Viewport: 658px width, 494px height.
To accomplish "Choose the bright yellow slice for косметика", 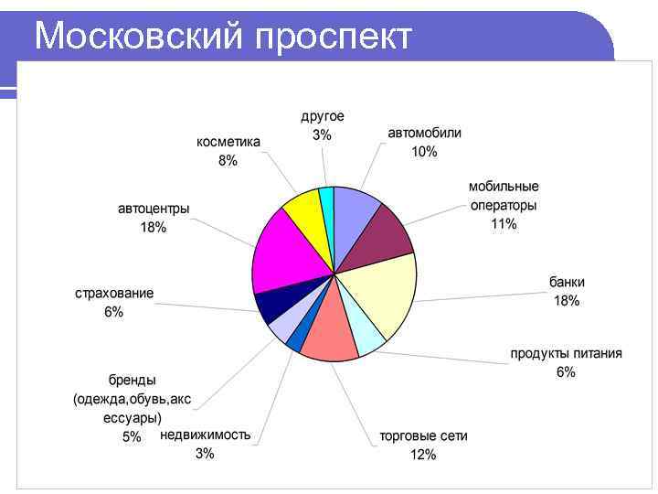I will pyautogui.click(x=302, y=209).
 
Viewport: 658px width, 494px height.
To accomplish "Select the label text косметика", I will pyautogui.click(x=228, y=142).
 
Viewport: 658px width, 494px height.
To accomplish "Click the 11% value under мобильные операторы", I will pyautogui.click(x=504, y=223).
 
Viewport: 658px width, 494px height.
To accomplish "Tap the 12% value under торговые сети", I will pyautogui.click(x=423, y=455).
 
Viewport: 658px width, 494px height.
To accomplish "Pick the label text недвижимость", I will pyautogui.click(x=205, y=435).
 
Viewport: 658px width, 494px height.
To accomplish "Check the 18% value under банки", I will pyautogui.click(x=567, y=300).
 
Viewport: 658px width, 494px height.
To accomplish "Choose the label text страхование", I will pyautogui.click(x=114, y=294).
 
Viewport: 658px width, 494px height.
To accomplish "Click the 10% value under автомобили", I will pyautogui.click(x=424, y=151).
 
